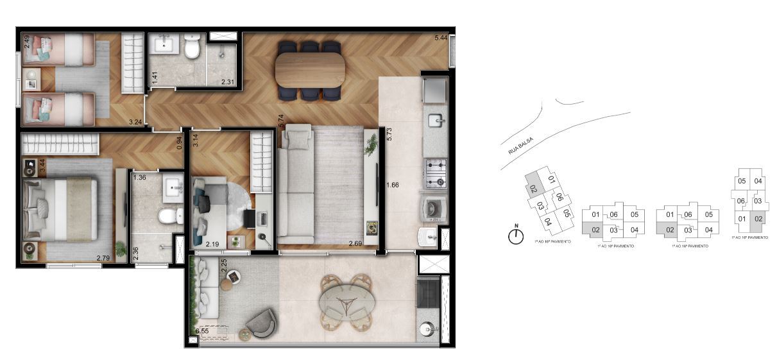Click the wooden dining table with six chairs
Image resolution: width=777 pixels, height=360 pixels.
311,70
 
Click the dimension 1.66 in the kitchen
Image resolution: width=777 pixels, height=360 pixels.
393,186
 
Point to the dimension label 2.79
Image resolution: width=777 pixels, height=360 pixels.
103,259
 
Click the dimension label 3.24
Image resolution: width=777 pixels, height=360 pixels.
135,121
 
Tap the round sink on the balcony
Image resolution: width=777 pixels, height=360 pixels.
429,331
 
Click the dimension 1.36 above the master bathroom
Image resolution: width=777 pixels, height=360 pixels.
139,177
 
